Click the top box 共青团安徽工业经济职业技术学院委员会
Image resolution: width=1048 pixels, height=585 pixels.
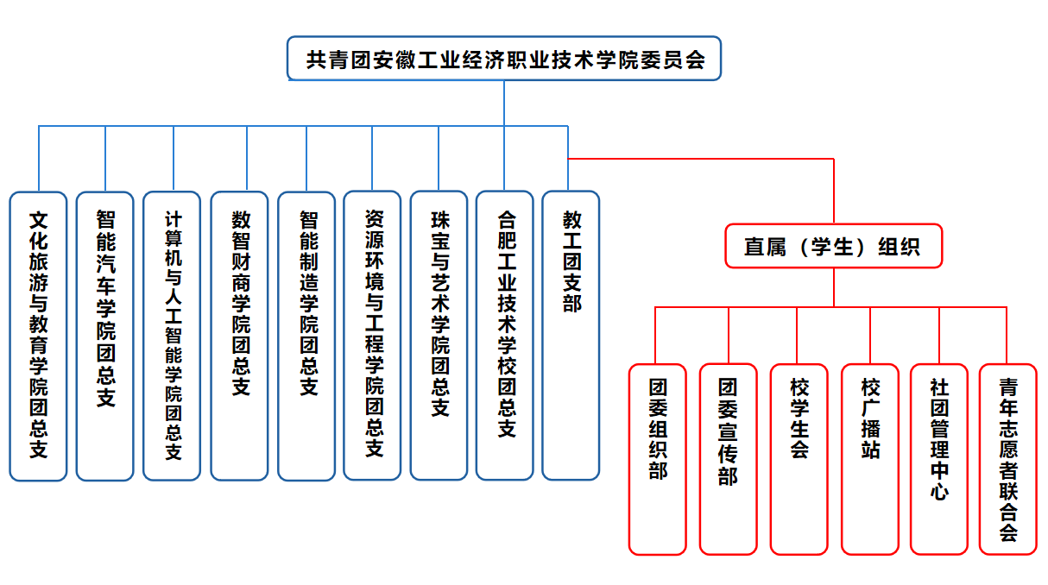pos(504,60)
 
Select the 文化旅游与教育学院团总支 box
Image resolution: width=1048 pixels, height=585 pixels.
pos(38,336)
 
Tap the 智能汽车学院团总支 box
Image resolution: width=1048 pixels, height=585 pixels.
pos(104,336)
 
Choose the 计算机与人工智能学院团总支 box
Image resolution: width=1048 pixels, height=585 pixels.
pos(172,336)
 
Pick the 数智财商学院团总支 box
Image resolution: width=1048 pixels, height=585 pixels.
pos(239,336)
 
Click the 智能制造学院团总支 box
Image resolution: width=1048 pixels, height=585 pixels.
pos(306,336)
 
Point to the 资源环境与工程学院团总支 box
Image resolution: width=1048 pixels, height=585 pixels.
pos(372,336)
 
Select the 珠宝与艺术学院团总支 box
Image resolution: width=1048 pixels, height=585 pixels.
pos(439,336)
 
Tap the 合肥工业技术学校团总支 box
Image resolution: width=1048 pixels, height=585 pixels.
pos(505,336)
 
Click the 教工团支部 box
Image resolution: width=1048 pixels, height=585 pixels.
pos(571,336)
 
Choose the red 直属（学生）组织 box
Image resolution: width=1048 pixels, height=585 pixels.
pos(833,247)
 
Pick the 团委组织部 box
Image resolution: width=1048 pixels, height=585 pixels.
pos(657,459)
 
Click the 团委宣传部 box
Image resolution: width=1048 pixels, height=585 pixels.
pos(728,459)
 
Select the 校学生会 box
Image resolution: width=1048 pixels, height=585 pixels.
pos(799,459)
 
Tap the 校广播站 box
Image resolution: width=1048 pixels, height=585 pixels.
pos(869,459)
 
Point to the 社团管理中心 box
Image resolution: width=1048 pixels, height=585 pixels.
pos(938,459)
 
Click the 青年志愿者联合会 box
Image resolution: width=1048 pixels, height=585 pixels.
pos(1007,459)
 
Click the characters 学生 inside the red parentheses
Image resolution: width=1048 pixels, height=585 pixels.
pos(832,247)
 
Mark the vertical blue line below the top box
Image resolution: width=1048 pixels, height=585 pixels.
pos(504,104)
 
